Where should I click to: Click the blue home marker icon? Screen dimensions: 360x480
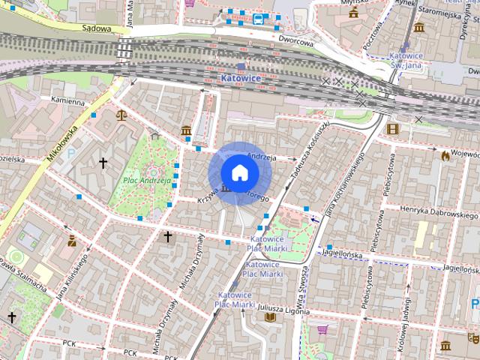coord(239,173)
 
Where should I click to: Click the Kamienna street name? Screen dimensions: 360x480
coord(67,100)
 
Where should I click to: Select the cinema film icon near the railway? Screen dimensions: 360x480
coord(392,128)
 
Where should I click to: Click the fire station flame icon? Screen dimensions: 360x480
coord(445,155)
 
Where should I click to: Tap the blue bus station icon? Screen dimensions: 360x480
coord(259,19)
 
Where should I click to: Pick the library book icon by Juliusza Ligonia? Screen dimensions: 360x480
coord(270,317)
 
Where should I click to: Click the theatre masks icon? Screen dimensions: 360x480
coord(473,338)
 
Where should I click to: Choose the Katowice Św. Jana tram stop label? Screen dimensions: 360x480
coord(406,60)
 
